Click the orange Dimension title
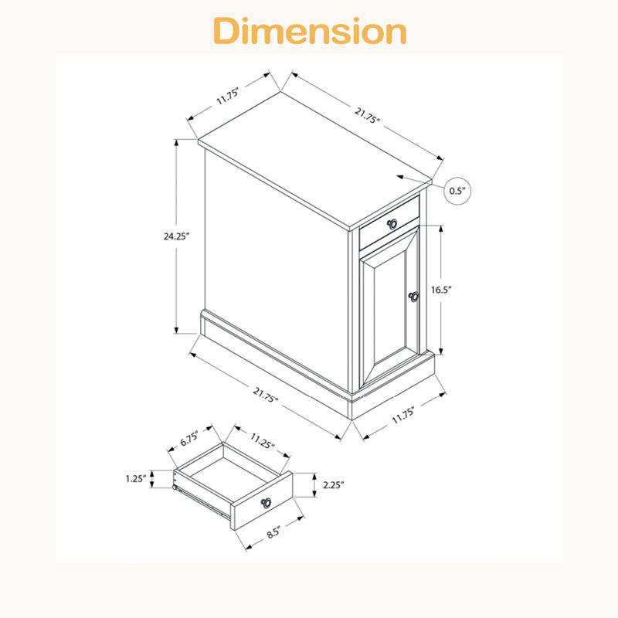tap(310, 31)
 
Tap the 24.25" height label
tap(177, 236)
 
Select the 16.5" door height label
tap(441, 290)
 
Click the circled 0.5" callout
tap(457, 191)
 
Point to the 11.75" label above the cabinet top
tap(228, 97)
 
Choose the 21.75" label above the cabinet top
tap(367, 115)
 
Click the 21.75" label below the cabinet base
tap(266, 395)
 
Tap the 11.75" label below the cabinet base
tap(403, 416)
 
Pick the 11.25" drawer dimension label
tap(262, 440)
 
